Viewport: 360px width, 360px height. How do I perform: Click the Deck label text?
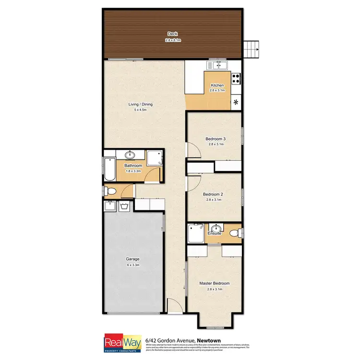click(172, 33)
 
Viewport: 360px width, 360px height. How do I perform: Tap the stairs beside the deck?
click(252, 48)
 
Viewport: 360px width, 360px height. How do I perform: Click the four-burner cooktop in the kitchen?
click(237, 78)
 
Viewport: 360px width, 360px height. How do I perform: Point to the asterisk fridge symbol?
click(236, 102)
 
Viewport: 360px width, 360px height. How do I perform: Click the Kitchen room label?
click(217, 85)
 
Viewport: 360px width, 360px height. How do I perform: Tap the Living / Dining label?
click(140, 104)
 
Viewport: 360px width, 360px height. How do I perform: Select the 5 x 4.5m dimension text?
click(140, 110)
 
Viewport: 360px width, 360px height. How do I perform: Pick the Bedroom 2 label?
click(214, 194)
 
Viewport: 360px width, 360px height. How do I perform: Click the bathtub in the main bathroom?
click(109, 168)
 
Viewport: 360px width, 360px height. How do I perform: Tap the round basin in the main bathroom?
click(130, 155)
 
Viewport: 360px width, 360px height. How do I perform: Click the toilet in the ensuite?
click(234, 233)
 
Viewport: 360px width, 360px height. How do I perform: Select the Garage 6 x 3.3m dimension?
click(133, 265)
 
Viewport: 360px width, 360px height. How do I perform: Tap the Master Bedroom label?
click(214, 283)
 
